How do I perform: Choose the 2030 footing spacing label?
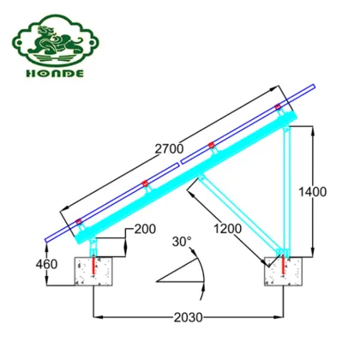(188, 318)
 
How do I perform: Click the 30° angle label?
(180, 241)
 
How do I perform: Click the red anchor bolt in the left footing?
(94, 268)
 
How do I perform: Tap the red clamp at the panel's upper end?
(278, 106)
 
